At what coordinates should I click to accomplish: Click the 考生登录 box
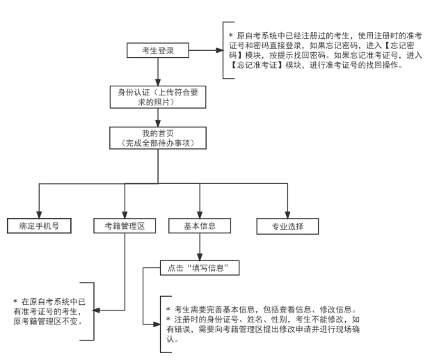tap(158, 51)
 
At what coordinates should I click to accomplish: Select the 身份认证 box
tap(158, 97)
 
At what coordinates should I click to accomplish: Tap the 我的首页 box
tap(158, 138)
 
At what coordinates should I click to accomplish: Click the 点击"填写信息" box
tap(200, 268)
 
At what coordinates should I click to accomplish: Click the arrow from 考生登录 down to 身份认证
tap(158, 72)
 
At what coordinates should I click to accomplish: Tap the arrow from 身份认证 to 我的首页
tap(158, 117)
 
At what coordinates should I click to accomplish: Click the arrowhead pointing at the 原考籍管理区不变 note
tap(98, 308)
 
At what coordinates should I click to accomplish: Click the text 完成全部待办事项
tap(158, 143)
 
